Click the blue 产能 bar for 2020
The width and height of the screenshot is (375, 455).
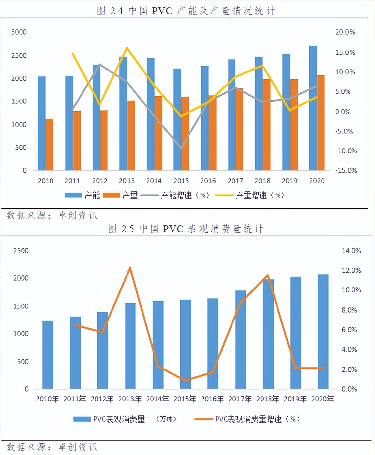[x=313, y=108]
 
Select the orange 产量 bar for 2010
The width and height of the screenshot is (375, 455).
[x=50, y=145]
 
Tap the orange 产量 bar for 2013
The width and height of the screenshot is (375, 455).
[x=131, y=135]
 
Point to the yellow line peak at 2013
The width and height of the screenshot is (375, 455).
[x=127, y=48]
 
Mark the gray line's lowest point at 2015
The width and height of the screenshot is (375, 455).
[x=181, y=148]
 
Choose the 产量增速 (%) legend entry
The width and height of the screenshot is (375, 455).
[x=251, y=195]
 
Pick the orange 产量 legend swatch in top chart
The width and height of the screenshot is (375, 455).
[x=111, y=195]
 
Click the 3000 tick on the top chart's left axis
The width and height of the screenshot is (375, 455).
[x=19, y=32]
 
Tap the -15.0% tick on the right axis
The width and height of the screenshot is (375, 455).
[x=346, y=170]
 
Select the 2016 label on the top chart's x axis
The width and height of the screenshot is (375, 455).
[x=208, y=181]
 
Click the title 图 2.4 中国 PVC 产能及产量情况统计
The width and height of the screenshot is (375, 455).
[x=186, y=11]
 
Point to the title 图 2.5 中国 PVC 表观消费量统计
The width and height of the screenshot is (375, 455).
[x=186, y=229]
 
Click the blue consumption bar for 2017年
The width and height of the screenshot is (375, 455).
[x=240, y=339]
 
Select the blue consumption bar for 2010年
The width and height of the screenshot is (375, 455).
[x=48, y=355]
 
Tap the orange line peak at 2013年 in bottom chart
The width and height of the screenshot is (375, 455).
[x=130, y=268]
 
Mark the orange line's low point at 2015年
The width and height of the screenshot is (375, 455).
[x=185, y=380]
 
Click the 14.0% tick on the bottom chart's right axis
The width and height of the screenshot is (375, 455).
[x=351, y=251]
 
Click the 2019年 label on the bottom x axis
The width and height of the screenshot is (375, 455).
[x=295, y=399]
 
